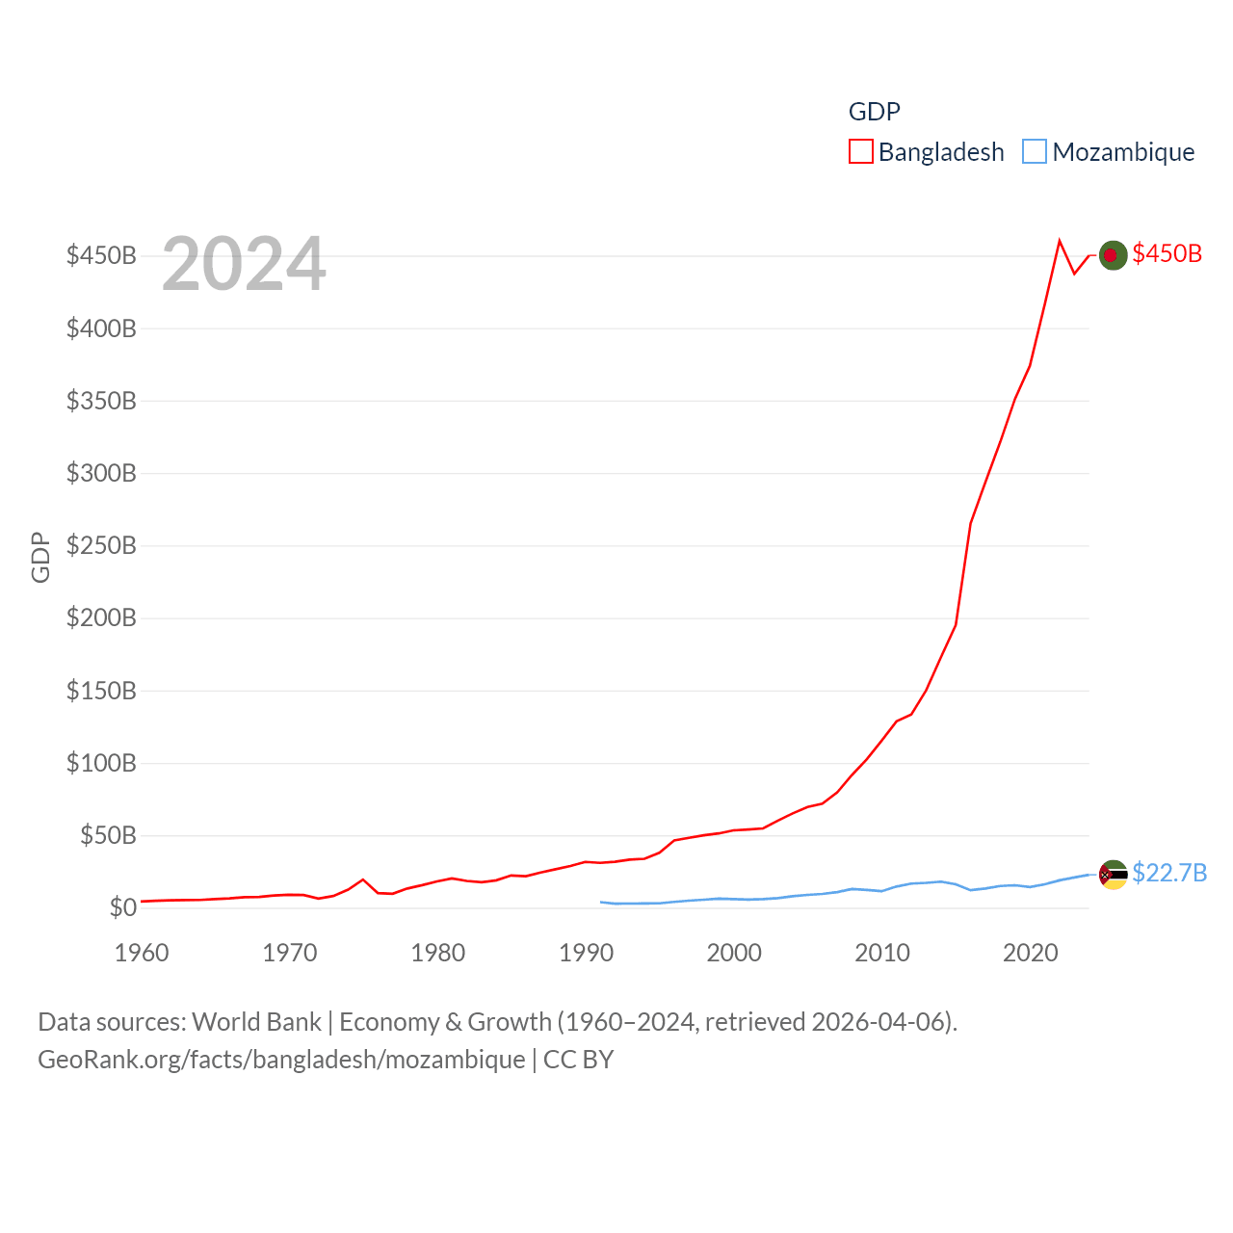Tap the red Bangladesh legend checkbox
(x=860, y=152)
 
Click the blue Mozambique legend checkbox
(x=1035, y=152)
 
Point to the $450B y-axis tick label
(x=101, y=255)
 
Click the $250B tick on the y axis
(x=101, y=545)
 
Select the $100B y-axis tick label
(x=101, y=763)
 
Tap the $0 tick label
(x=123, y=907)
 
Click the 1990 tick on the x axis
(x=586, y=953)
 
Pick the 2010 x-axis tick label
(x=882, y=953)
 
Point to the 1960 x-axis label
(x=142, y=953)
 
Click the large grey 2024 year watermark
(x=244, y=264)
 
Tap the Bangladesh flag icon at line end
(x=1113, y=254)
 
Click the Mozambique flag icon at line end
(x=1113, y=875)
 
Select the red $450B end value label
(x=1167, y=253)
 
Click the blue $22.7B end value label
(x=1169, y=873)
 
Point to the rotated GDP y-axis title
(x=40, y=557)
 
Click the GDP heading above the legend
(x=874, y=112)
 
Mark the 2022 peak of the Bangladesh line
(x=1060, y=241)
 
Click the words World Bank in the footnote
(x=256, y=1021)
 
